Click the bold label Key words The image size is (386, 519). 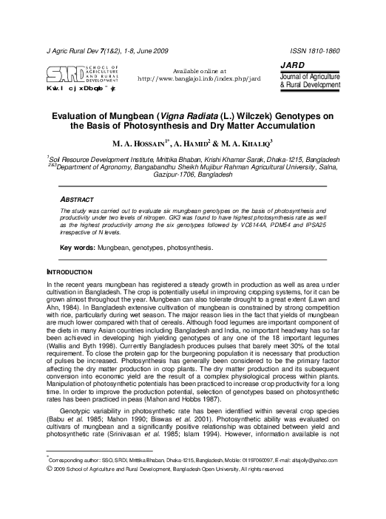tap(75, 248)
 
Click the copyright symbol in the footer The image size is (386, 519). tap(49, 468)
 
